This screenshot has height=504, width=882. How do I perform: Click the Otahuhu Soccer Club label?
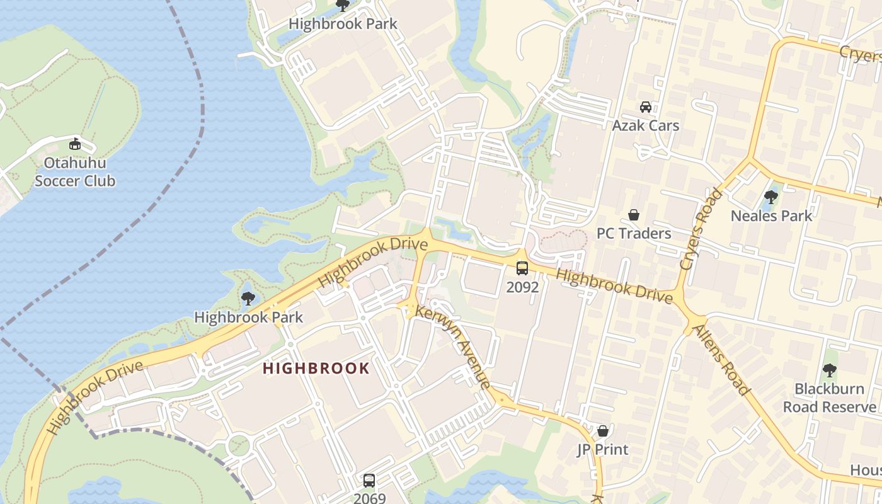click(75, 172)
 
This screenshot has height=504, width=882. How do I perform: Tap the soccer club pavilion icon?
click(75, 144)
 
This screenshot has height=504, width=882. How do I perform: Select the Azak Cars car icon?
click(646, 107)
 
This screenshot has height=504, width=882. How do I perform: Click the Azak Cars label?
click(646, 125)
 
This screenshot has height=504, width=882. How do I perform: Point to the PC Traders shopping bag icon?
click(634, 215)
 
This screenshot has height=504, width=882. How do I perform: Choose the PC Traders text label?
click(634, 234)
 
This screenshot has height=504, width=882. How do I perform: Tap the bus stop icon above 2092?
click(522, 268)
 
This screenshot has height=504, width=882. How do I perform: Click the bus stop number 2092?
click(522, 287)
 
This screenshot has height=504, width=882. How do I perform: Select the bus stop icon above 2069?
click(369, 480)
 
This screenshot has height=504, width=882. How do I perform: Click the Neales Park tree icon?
click(770, 197)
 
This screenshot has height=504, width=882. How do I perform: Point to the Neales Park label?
click(771, 216)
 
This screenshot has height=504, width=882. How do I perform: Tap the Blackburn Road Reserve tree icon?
click(830, 370)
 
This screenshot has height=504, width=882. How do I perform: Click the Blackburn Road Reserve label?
click(829, 398)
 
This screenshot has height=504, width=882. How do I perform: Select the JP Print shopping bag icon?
click(603, 432)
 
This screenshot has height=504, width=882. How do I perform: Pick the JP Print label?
click(603, 450)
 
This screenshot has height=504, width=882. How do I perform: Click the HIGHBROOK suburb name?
click(316, 369)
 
